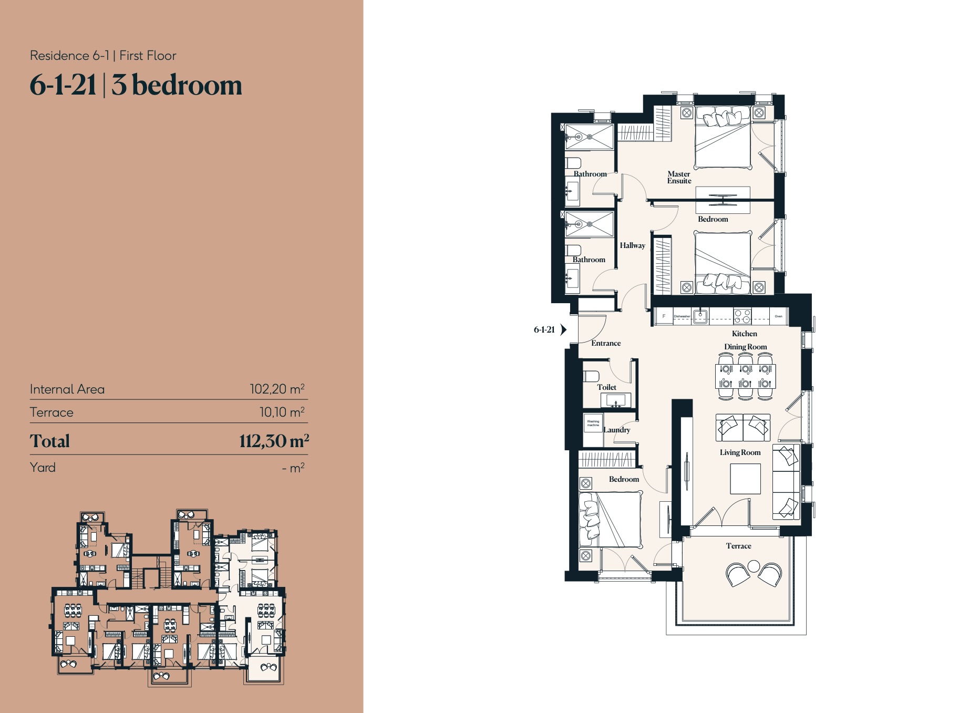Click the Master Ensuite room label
(679, 177)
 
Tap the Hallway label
(632, 245)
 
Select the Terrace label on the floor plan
(738, 546)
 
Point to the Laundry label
(616, 430)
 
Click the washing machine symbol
(593, 423)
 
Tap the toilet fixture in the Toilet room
(591, 376)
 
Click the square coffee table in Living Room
(745, 479)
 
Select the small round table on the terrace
(754, 566)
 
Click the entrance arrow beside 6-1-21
(563, 329)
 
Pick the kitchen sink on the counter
(700, 316)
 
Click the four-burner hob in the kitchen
(743, 316)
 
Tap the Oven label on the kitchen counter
(778, 316)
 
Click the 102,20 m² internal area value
(277, 389)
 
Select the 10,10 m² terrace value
(282, 412)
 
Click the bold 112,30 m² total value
(274, 441)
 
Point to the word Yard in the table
(43, 468)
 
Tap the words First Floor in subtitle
(148, 56)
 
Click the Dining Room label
(745, 347)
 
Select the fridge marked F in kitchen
(664, 316)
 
